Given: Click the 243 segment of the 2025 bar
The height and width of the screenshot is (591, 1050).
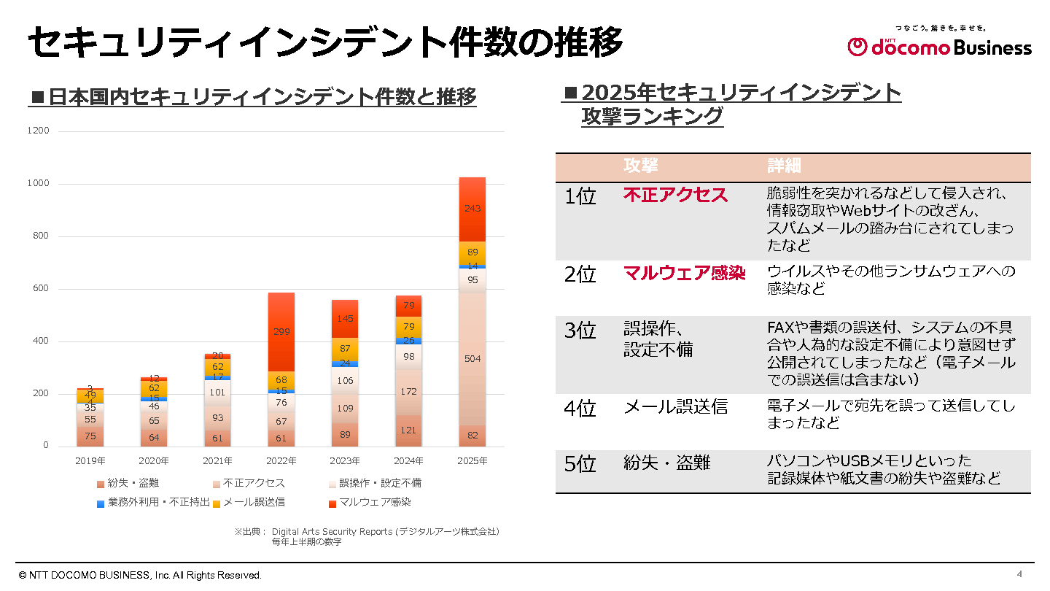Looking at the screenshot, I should (472, 209).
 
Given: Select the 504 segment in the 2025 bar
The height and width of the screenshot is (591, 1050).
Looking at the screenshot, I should (472, 358).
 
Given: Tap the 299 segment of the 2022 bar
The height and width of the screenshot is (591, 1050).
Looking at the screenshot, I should (281, 332).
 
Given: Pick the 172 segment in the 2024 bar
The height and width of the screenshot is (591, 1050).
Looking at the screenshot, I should (408, 392).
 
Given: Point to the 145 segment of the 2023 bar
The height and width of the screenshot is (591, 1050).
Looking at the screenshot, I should (345, 319).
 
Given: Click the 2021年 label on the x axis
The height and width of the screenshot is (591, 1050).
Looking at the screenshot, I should (217, 461).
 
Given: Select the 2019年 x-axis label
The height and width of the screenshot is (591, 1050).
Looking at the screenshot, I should (90, 461).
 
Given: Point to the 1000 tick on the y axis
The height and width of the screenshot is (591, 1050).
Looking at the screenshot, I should (39, 184).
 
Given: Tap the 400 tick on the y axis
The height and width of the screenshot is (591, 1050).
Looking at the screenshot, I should (41, 341).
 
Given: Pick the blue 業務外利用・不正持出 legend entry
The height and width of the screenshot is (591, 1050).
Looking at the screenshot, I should (154, 502).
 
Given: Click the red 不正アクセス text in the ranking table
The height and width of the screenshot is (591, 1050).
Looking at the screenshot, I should (675, 195).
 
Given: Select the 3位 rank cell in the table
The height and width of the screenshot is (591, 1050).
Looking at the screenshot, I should (580, 331).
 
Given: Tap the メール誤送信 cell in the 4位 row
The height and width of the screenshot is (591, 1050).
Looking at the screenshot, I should (675, 407).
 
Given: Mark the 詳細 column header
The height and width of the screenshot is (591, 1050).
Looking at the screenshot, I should (784, 166).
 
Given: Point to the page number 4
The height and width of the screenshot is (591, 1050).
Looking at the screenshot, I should (1019, 573).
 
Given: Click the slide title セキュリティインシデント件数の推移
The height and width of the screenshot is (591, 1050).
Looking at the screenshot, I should (325, 42).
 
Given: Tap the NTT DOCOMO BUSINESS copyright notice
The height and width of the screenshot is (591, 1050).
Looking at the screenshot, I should (140, 575).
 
